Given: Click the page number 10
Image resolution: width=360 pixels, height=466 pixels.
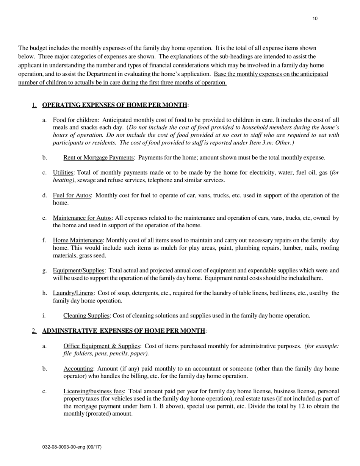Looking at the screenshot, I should tap(315, 19).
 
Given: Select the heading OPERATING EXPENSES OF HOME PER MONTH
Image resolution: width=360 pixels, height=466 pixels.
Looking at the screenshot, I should tap(115, 105).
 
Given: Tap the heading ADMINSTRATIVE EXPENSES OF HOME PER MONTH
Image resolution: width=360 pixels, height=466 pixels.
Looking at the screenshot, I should tap(124, 331).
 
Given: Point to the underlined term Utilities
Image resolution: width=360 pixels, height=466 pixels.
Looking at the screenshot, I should tap(63, 173).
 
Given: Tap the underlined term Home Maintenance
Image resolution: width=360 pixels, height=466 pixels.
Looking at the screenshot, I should tap(78, 240).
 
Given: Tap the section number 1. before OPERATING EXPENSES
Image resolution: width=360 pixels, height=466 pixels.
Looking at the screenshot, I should tap(34, 105).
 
